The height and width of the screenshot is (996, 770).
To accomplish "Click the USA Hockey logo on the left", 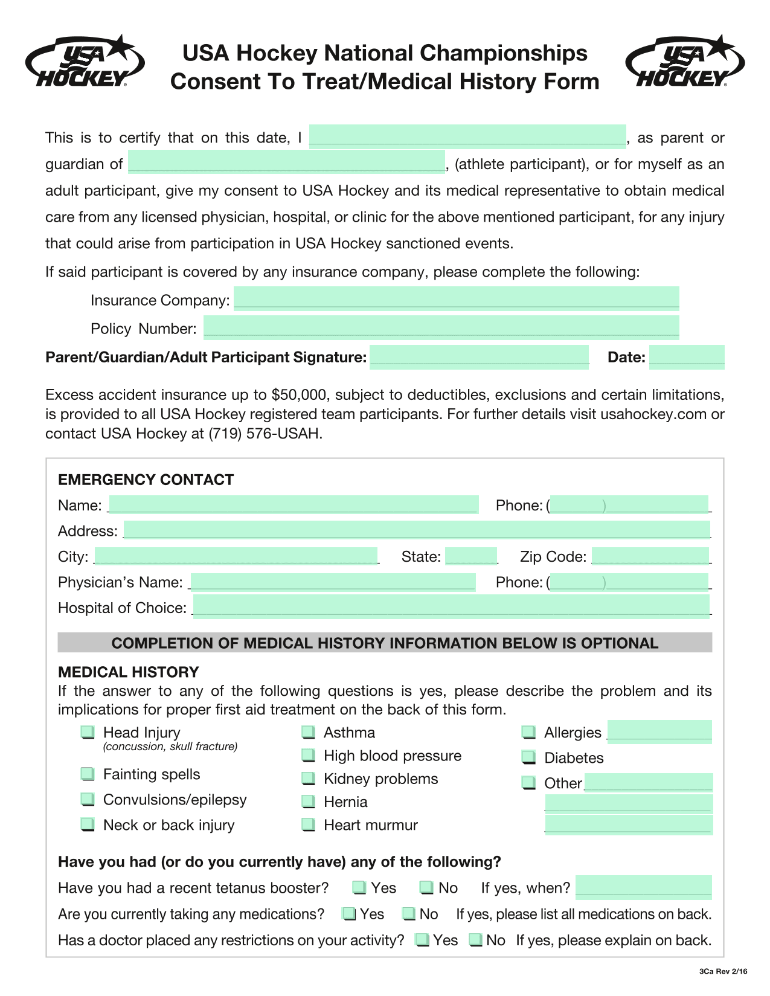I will [85, 62].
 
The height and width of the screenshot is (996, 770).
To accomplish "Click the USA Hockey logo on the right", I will [685, 62].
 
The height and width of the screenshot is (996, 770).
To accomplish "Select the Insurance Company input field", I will [456, 299].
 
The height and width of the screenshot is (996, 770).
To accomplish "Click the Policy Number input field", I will [441, 327].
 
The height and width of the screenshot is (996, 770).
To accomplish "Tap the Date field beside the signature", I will [687, 357].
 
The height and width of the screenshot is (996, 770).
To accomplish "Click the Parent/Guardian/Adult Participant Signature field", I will [479, 357].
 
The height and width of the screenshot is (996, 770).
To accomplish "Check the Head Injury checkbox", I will [88, 733].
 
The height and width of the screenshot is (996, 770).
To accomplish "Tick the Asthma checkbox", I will [309, 733].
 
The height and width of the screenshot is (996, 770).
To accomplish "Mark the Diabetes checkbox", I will [529, 757].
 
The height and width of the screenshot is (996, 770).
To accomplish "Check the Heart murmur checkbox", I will [309, 824].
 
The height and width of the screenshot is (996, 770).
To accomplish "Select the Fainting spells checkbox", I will [88, 774].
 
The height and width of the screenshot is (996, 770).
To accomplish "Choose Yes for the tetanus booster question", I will [359, 888].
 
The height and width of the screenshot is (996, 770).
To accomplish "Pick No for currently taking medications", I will [409, 914].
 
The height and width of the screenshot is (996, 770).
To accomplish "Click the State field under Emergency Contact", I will [471, 556].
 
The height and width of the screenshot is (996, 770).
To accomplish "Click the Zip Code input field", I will [650, 556].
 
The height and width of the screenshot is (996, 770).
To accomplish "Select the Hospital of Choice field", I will [451, 606].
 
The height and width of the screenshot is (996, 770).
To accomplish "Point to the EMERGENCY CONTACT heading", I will [146, 480].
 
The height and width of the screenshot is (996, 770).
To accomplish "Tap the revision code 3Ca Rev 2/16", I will [723, 971].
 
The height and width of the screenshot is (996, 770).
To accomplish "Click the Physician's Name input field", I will [333, 582].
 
